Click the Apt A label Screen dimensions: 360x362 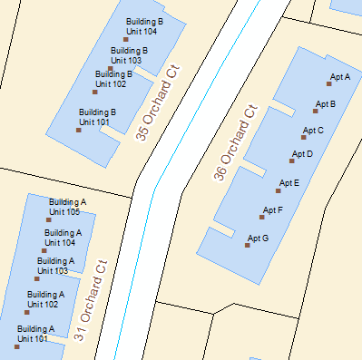pos(340,77)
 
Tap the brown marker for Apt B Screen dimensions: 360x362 pos(316,111)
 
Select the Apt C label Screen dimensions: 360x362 pos(313,131)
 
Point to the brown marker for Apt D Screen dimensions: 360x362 pos(291,161)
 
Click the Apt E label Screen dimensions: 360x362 pos(289,183)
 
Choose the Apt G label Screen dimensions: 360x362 pos(258,238)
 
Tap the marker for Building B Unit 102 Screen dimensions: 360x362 pos(94,91)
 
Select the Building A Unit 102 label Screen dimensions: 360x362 pos(45,299)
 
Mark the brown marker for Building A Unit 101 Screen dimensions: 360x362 pos(16,346)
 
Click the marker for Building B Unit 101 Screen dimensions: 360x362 pos(79,130)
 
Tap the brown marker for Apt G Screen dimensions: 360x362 pos(248,245)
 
